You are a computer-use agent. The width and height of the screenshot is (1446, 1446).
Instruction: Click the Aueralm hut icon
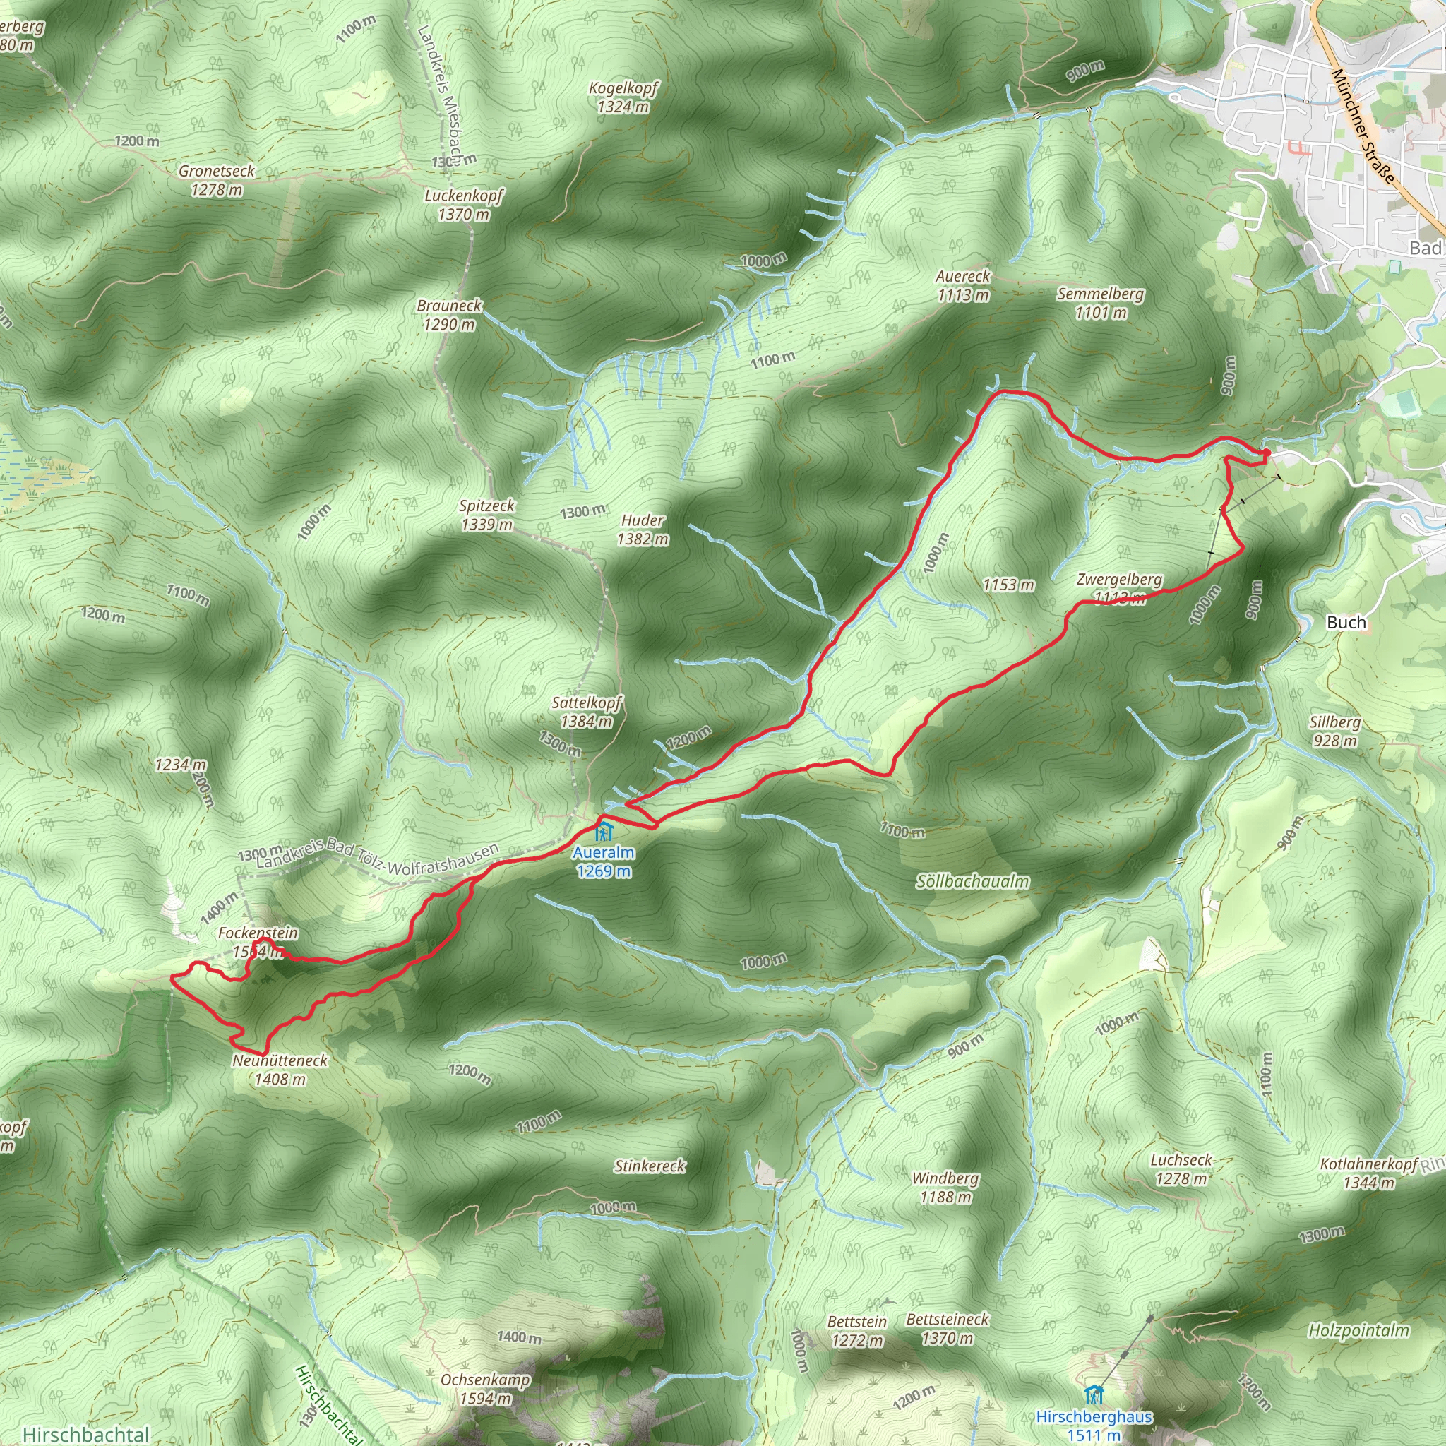tap(603, 831)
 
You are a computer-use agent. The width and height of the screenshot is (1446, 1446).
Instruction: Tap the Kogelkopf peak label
tap(623, 97)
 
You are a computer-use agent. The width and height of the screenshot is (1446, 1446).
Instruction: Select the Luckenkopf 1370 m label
tap(464, 205)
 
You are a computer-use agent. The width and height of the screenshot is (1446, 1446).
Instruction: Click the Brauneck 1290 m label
tap(449, 315)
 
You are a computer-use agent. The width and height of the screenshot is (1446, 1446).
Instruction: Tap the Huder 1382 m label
tap(643, 529)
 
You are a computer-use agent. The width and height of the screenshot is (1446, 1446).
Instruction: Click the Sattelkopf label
tap(587, 712)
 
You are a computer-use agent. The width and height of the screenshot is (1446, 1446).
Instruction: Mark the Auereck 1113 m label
tap(963, 286)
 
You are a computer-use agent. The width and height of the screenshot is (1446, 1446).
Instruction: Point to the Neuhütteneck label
tap(280, 1070)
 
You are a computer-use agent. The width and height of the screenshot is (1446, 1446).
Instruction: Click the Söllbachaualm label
tap(972, 882)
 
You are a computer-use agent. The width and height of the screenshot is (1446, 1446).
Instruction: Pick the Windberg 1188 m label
tap(945, 1188)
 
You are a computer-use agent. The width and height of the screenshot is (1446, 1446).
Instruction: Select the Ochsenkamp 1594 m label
tap(486, 1389)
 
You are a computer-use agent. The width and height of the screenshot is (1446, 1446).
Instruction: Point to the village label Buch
tap(1346, 622)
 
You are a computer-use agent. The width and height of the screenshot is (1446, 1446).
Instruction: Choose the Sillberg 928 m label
tap(1335, 731)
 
